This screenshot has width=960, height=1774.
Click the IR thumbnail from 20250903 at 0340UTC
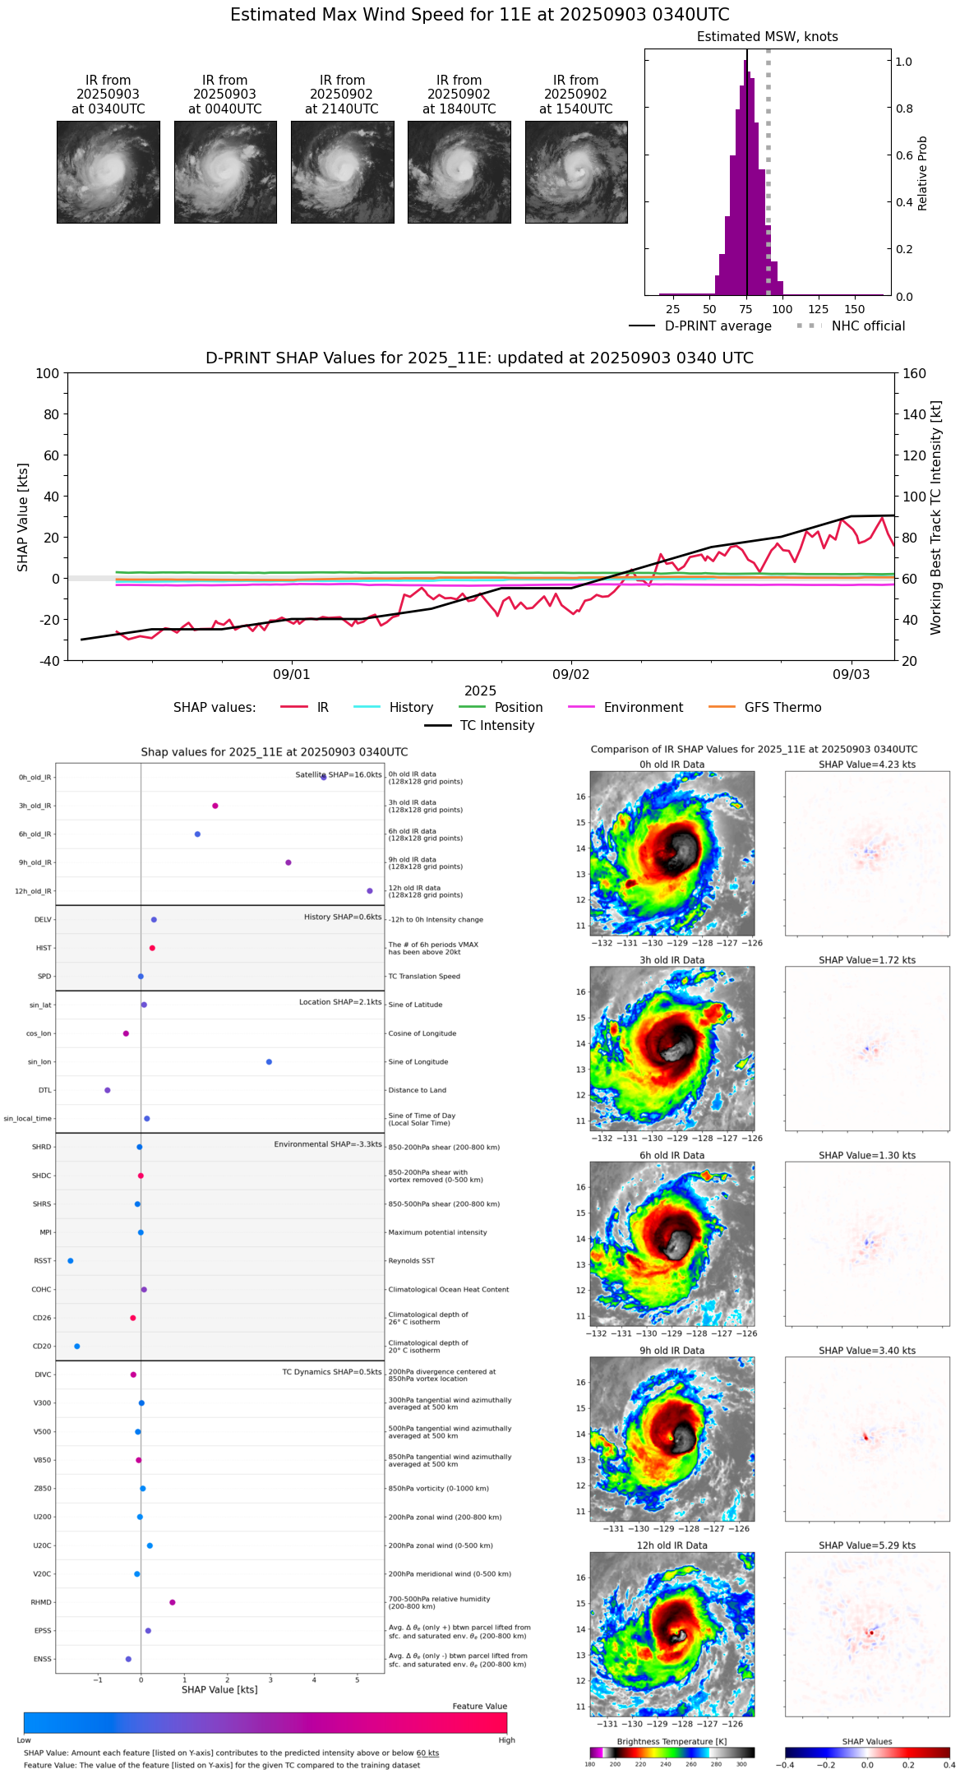point(108,172)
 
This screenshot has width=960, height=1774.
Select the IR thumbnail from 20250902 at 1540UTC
point(576,172)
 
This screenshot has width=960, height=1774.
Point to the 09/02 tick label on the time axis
point(571,675)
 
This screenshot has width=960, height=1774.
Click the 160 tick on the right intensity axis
point(915,374)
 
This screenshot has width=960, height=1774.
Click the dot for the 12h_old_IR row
point(370,891)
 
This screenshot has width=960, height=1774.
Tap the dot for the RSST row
point(70,1261)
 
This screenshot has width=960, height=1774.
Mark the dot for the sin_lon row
point(269,1062)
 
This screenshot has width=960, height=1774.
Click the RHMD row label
point(41,1602)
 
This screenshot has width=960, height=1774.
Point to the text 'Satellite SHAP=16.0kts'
point(339,775)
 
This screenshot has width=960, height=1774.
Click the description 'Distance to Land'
point(417,1091)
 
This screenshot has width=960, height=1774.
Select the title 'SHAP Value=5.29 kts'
point(867,1545)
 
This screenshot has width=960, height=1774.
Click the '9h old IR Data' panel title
point(672,1351)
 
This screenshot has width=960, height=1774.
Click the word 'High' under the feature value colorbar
point(506,1740)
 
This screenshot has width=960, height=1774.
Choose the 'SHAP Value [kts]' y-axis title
point(23,517)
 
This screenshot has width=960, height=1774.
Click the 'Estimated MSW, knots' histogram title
point(767,37)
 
